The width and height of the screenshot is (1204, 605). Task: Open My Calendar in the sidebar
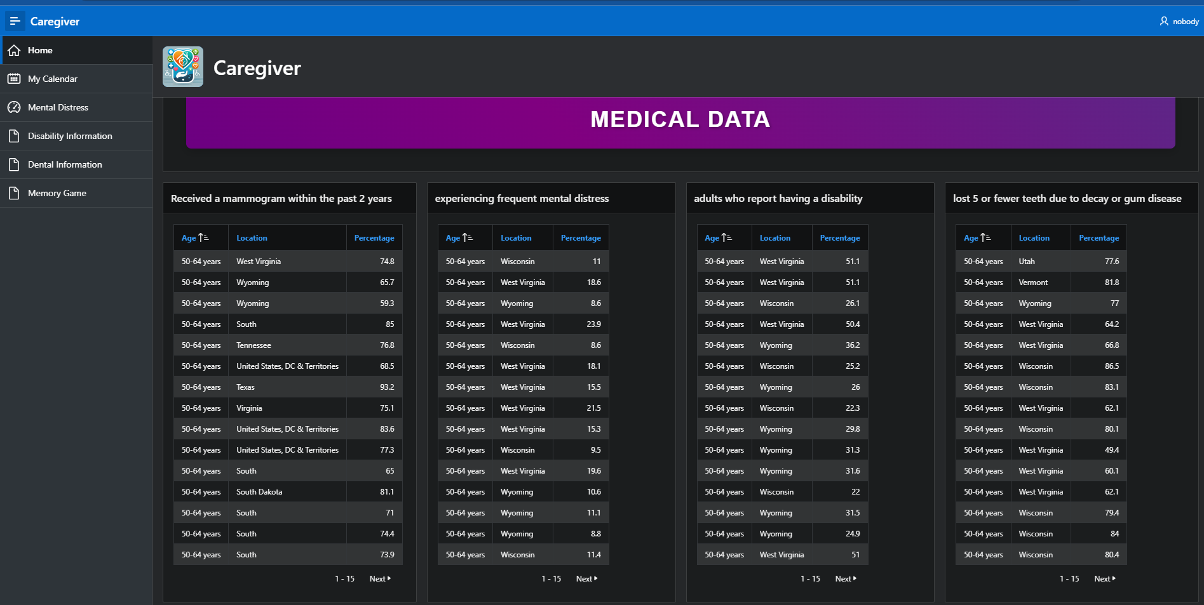(x=53, y=79)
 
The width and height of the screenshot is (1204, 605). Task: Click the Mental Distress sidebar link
(x=58, y=107)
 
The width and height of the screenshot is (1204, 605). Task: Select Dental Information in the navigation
(x=65, y=164)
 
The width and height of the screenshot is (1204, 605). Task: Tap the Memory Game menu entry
(x=57, y=193)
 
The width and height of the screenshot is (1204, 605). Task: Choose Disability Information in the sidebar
(x=70, y=136)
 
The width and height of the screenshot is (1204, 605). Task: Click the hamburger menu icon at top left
(x=15, y=21)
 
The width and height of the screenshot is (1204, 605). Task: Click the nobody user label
(x=1185, y=22)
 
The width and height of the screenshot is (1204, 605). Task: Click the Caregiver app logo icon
(x=183, y=67)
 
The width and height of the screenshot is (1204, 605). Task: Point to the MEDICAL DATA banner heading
(x=680, y=119)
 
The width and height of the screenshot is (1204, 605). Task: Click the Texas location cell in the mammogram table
(x=245, y=387)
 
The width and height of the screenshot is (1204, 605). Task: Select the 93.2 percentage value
(x=387, y=387)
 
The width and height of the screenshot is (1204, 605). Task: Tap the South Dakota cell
(x=259, y=492)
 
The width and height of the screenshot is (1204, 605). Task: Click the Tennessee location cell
(x=254, y=345)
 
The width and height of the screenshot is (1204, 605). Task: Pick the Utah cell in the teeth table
(x=1027, y=262)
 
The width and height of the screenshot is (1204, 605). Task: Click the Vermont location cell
(x=1033, y=283)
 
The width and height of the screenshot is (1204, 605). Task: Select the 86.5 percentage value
(x=1111, y=366)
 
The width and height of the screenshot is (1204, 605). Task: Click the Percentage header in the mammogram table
(x=374, y=238)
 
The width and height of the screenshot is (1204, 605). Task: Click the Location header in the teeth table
(x=1034, y=238)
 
